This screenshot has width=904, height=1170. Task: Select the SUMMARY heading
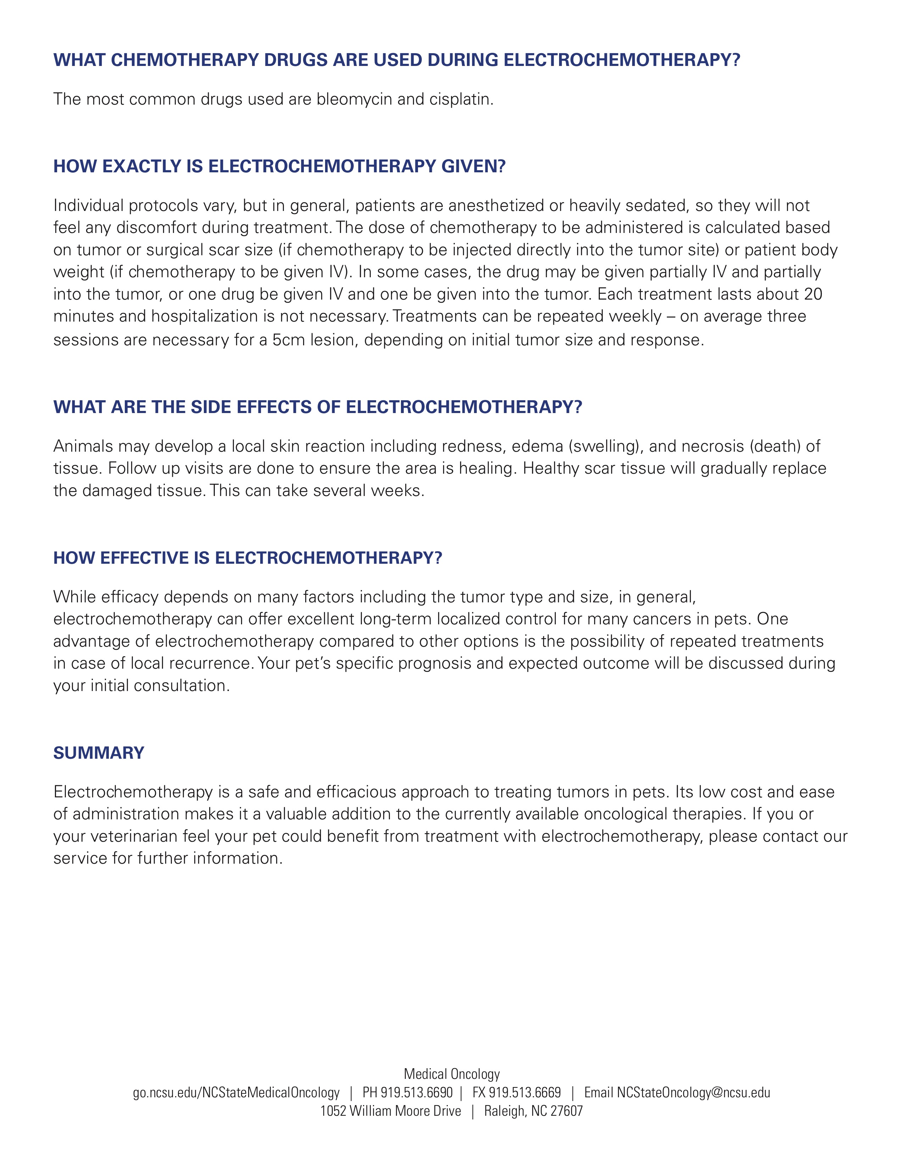[x=99, y=753]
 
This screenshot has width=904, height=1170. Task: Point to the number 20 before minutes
[x=813, y=294]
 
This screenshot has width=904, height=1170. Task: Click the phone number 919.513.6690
[x=416, y=1092]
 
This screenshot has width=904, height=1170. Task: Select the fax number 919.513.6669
[x=524, y=1092]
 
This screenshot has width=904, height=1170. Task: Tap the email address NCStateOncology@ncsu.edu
[x=693, y=1092]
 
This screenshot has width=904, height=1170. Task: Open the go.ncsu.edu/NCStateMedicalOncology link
[x=236, y=1092]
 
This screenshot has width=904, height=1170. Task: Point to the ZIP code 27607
[x=566, y=1111]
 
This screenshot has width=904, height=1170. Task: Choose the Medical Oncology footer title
[x=451, y=1074]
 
